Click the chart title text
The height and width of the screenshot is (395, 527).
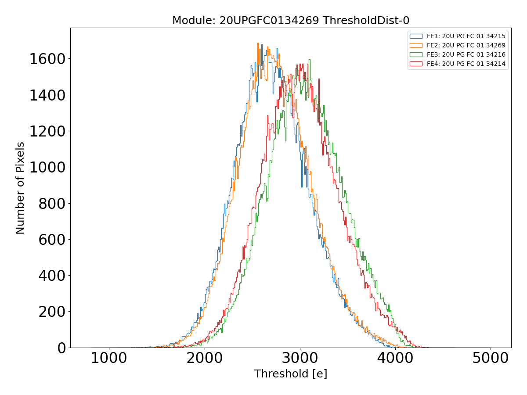(290, 21)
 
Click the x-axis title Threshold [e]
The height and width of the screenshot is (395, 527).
(290, 374)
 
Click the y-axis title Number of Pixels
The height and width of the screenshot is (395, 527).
(20, 188)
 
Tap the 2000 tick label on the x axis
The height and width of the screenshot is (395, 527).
(204, 358)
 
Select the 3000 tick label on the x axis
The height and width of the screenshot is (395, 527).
(300, 358)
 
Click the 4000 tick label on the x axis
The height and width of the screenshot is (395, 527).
(395, 358)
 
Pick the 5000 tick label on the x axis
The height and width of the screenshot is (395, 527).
(491, 358)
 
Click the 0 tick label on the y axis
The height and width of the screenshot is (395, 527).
(60, 348)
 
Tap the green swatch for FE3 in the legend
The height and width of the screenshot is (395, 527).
(416, 54)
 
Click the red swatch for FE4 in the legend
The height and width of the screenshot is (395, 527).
(416, 64)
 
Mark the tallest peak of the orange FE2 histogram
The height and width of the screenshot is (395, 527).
(258, 43)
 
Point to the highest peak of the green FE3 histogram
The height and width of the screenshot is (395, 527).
(310, 60)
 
